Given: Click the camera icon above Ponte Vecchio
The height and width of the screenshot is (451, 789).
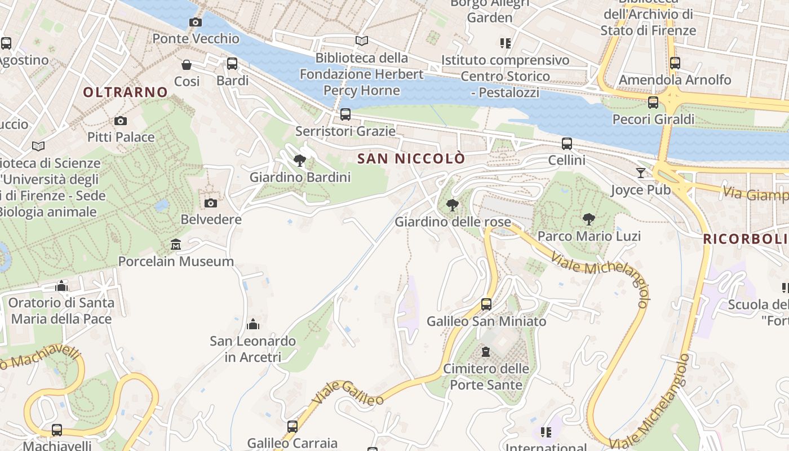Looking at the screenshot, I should tap(196, 23).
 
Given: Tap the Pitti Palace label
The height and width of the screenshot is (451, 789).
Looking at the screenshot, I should tap(121, 137).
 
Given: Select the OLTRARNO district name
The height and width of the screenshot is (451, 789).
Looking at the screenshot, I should tap(126, 92).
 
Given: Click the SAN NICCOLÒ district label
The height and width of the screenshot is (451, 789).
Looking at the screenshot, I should tap(412, 158).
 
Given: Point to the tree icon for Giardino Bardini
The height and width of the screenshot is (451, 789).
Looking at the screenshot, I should tap(300, 161).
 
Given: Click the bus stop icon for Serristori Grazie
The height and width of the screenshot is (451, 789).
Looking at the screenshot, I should tap(345, 115).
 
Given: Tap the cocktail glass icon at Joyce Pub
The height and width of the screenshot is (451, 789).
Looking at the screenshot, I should tap(641, 173).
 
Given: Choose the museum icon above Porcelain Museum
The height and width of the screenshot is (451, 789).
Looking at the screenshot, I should tap(176, 245).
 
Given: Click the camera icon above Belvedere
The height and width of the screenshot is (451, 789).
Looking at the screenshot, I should tap(211, 203).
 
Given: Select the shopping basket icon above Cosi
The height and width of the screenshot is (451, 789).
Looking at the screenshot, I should tap(187, 65).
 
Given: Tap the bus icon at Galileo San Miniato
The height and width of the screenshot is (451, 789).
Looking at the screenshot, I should tap(486, 304).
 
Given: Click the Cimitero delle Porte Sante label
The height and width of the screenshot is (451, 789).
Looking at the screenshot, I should tap(486, 377).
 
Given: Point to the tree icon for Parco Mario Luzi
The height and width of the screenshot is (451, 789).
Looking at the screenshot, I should tap(589, 219).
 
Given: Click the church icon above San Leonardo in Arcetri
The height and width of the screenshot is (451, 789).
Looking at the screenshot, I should tap(252, 324).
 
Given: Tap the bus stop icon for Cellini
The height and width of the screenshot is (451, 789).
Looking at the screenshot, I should tap(567, 144).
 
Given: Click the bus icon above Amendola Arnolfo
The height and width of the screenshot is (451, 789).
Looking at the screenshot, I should tap(675, 63).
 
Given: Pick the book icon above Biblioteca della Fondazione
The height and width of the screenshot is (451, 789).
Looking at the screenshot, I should tap(362, 41).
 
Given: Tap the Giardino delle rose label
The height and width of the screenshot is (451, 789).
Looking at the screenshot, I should tap(453, 222).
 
